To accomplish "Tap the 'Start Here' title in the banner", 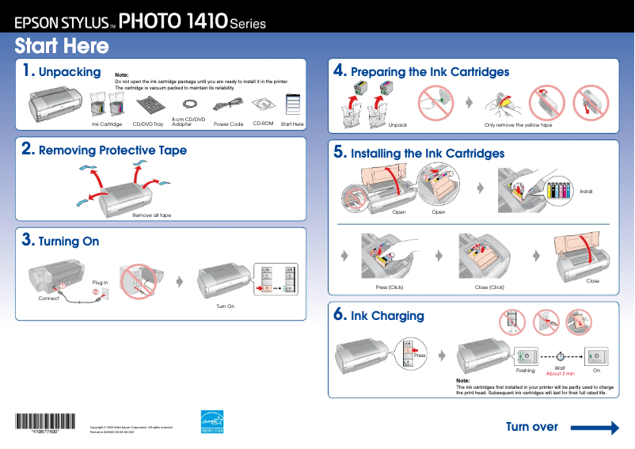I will pos(62,46).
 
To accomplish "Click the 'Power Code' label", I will pos(228,124).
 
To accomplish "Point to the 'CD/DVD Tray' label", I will pos(148,124).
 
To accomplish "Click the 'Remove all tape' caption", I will pos(151,215).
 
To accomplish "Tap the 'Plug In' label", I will pos(100,282).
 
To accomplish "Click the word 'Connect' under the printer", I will pos(48,299).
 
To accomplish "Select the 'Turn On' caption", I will pos(226,306).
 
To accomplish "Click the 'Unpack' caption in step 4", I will pos(397,125).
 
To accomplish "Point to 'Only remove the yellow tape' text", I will pos(518,125).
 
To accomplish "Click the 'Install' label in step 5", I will pos(586,192).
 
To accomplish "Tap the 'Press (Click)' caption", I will pos(389,287).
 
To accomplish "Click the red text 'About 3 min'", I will pos(560,373).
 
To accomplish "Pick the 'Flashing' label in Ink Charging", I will pos(526,370).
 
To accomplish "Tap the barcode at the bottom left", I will pos(40,423).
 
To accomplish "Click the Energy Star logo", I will pos(212,421).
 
